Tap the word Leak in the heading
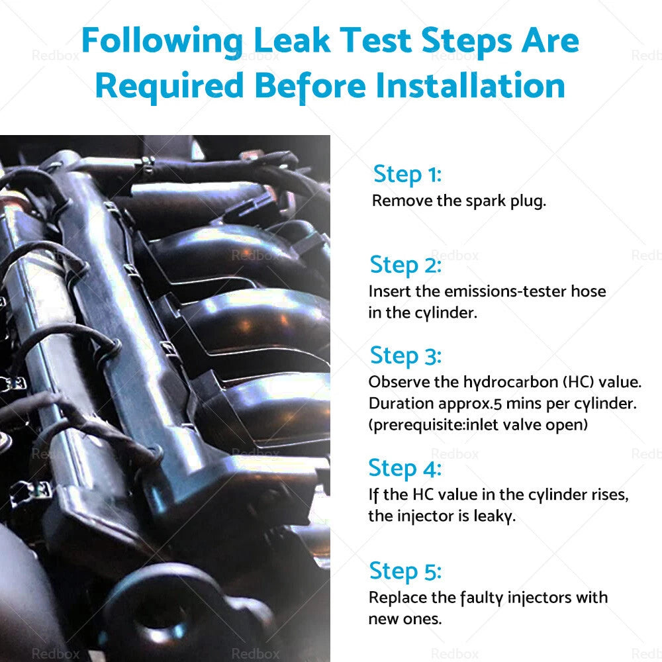[x=292, y=40]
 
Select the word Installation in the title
[x=470, y=85]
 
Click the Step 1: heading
[x=407, y=175]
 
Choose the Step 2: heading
[x=405, y=265]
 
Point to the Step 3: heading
[x=405, y=356]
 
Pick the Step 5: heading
[x=405, y=572]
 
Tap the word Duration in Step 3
[x=401, y=404]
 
